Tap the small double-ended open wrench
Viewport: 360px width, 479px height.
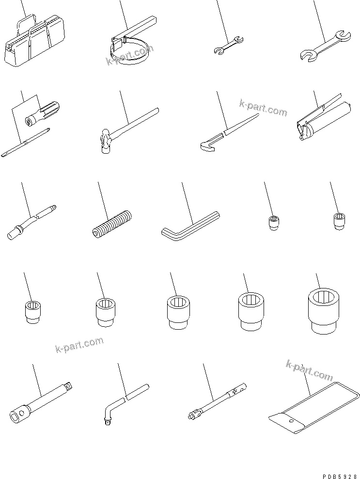tap(228, 44)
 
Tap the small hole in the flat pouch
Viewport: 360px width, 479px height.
tap(290, 422)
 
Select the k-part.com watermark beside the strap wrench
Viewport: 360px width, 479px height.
tap(129, 54)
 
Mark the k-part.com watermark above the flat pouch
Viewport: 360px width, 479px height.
tap(310, 369)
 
